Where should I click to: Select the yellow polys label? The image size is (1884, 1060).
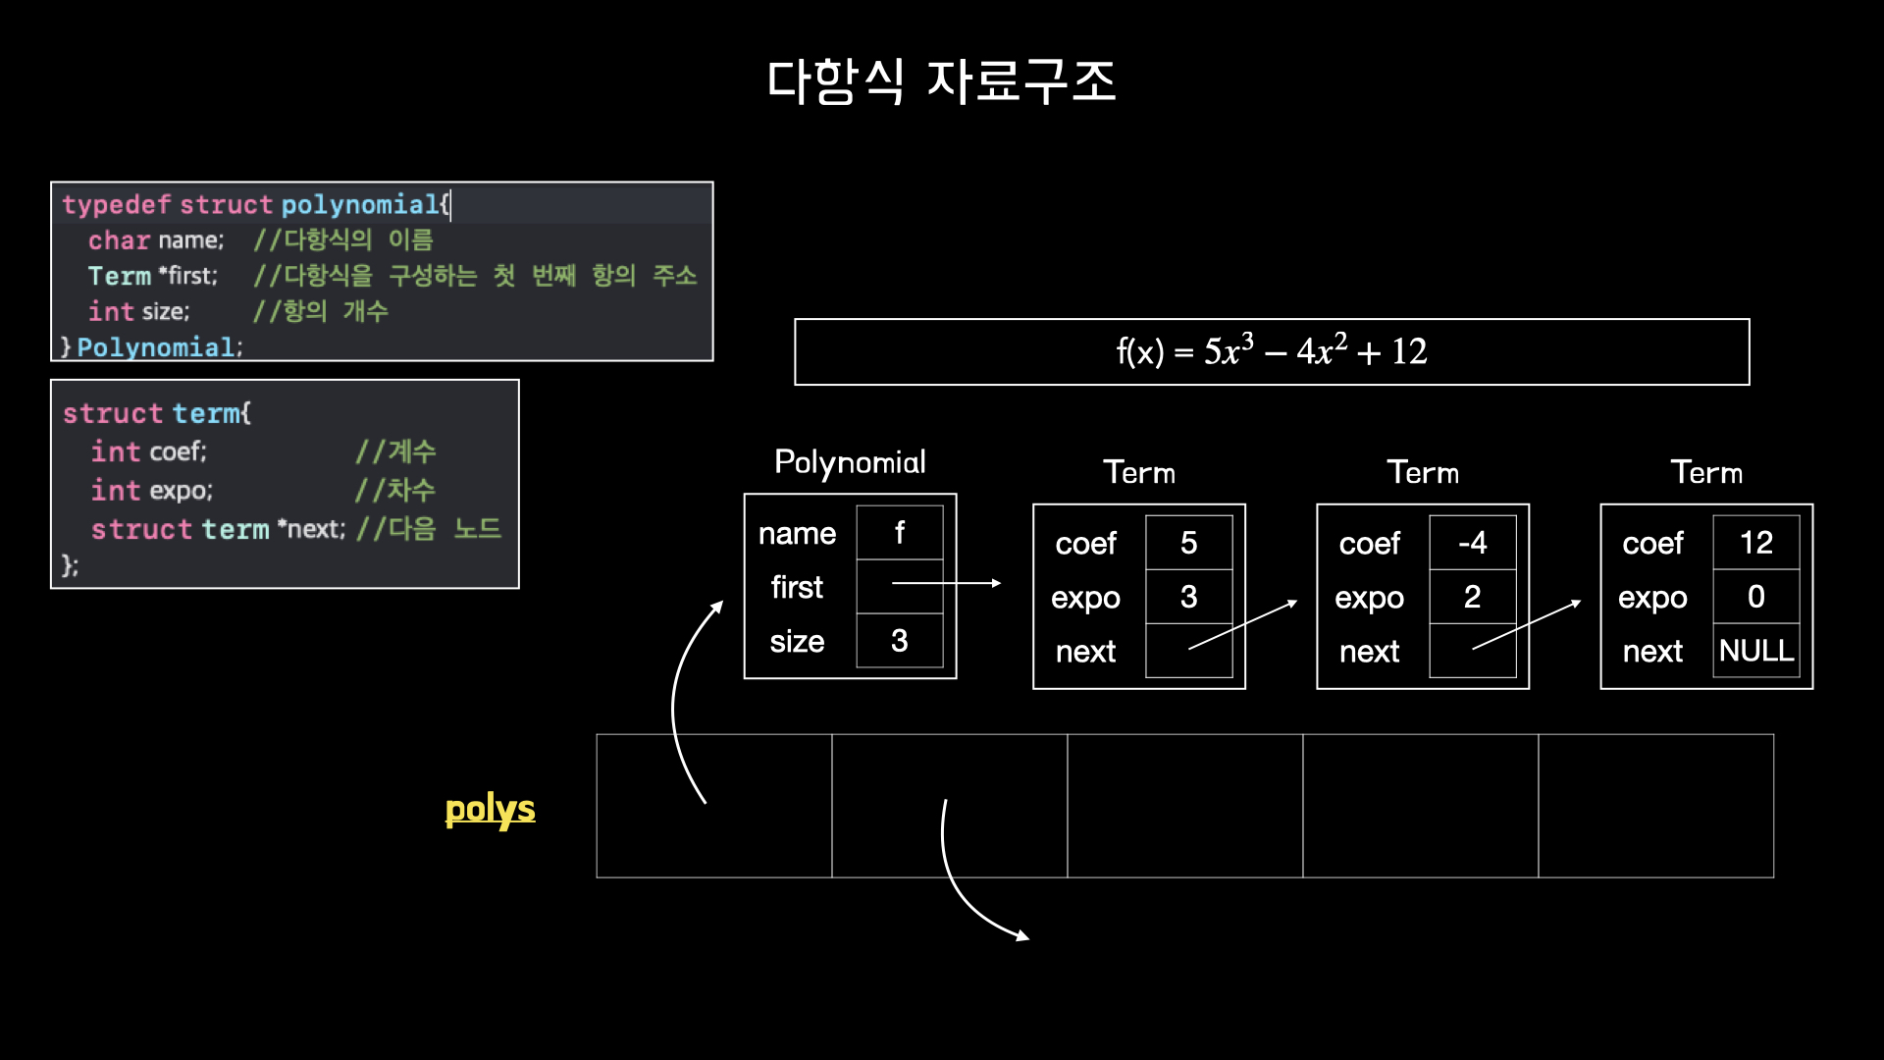pos(490,810)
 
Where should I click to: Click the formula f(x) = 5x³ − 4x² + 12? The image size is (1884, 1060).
pos(1271,351)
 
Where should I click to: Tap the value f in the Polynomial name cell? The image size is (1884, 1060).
pos(899,533)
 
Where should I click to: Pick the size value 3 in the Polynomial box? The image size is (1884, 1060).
pos(899,641)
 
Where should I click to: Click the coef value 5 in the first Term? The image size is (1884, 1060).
pos(1188,543)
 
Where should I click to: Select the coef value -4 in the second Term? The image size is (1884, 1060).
pos(1472,543)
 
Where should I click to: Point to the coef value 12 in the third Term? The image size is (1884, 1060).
pos(1755,543)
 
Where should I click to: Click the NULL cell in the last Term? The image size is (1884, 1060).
pos(1755,651)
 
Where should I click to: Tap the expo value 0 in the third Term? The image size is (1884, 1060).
pos(1755,597)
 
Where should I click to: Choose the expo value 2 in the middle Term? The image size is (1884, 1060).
pos(1472,597)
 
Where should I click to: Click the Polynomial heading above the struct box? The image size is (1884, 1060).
pos(850,462)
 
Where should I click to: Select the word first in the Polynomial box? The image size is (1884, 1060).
pos(797,587)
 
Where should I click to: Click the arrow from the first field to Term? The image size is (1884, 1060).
pos(947,583)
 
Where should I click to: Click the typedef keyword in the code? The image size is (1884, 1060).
pos(117,204)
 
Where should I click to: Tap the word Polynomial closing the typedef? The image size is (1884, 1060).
pos(156,347)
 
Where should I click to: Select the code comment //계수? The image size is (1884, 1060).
pos(395,451)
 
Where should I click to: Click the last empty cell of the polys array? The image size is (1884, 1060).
pos(1655,806)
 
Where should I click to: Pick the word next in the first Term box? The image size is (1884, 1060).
pos(1085,652)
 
